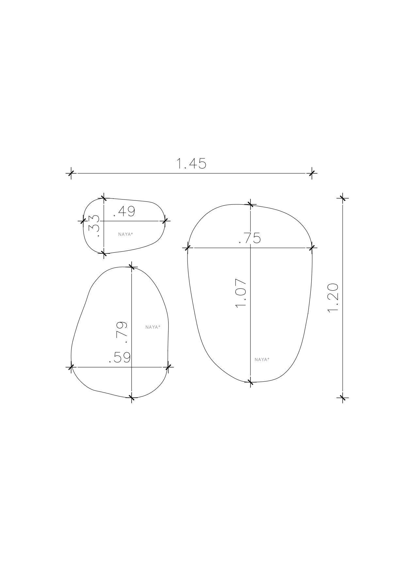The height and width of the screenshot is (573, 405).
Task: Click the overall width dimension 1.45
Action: click(191, 164)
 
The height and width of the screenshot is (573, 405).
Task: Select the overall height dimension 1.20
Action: click(333, 297)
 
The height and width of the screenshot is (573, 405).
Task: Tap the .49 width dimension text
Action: click(124, 212)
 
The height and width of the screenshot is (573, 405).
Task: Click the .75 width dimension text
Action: click(250, 238)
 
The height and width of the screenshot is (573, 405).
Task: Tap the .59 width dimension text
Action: click(120, 358)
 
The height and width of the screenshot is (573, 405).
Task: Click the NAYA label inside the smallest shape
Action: click(125, 234)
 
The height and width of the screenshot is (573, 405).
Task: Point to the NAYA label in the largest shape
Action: click(262, 359)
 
